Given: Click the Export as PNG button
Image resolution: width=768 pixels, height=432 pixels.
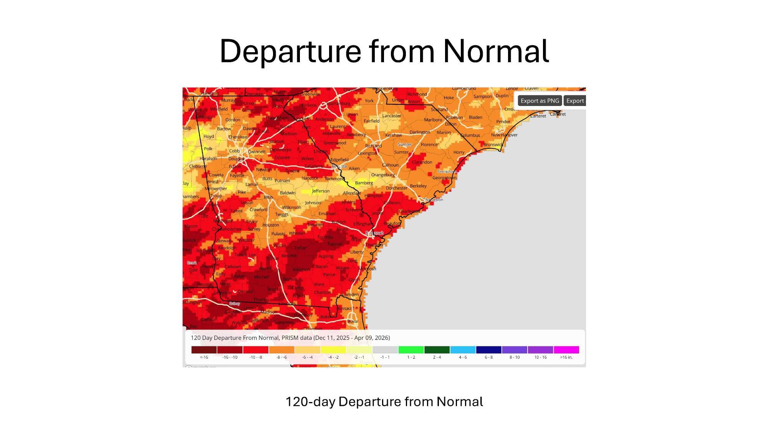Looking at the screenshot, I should tap(540, 101).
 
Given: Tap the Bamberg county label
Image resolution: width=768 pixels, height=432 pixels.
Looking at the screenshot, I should tap(364, 183).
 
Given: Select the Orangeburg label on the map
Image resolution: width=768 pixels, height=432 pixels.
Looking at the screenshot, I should tap(383, 175).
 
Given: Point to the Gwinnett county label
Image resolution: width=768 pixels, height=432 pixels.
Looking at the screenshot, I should tap(257, 152).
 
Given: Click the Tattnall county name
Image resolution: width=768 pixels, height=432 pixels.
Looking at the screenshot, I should tap(335, 244).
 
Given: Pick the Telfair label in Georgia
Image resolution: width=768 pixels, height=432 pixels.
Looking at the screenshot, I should tap(300, 248).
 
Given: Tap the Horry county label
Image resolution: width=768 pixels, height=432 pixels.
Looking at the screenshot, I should tap(458, 152).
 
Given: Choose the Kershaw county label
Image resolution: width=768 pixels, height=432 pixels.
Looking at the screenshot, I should tap(393, 135).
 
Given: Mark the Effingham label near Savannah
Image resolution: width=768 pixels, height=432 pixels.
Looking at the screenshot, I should tap(363, 224).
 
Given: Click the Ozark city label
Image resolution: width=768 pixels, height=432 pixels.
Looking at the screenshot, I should tap(192, 263).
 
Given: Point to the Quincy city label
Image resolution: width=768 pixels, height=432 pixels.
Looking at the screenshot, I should tap(234, 304).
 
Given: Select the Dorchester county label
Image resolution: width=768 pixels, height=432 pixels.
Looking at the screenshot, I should tap(396, 188).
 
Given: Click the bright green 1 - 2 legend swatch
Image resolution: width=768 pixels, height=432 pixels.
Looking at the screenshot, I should tap(411, 350).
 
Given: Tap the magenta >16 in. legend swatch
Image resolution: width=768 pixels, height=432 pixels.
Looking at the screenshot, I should tap(566, 350).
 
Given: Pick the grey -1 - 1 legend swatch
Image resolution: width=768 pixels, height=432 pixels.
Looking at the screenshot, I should tap(385, 350).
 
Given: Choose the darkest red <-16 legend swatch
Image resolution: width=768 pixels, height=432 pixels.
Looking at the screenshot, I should tap(204, 350).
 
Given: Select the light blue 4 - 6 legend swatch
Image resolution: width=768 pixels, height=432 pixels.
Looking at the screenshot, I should tap(463, 350).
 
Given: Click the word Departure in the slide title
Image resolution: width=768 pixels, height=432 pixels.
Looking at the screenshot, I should tap(290, 51).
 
